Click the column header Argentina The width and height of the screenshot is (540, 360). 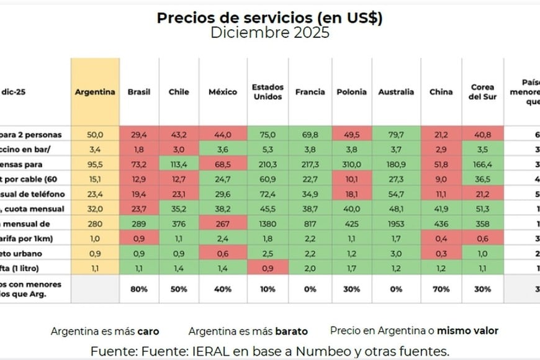point(95,92)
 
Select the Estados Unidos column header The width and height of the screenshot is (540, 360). point(267,92)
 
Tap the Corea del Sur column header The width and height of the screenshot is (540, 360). point(482,92)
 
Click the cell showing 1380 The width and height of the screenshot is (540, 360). point(267,223)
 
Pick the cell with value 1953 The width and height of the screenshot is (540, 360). point(396,223)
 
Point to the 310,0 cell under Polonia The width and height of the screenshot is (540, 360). point(352,164)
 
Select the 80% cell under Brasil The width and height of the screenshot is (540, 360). point(139,289)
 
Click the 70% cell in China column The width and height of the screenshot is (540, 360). point(441,289)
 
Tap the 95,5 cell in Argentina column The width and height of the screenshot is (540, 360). point(95,164)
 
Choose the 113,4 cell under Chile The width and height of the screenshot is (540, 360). point(179,164)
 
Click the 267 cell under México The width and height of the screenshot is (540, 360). point(223,223)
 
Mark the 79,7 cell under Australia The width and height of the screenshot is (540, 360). point(396,135)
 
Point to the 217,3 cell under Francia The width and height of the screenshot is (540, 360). point(310,164)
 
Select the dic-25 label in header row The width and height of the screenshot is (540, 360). point(14,92)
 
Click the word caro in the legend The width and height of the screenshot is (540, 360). point(150,331)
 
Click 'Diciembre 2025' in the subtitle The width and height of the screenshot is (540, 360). point(269,33)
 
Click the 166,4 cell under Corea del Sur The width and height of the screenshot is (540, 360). point(482,164)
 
